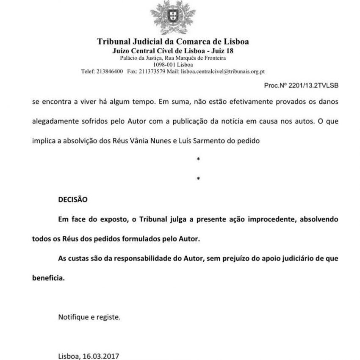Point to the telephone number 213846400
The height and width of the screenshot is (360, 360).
click(x=109, y=72)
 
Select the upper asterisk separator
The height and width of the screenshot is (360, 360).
click(x=198, y=159)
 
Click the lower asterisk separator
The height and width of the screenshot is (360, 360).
click(x=198, y=179)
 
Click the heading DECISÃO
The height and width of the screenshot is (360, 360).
click(x=72, y=198)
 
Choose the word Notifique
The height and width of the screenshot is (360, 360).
click(x=73, y=317)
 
